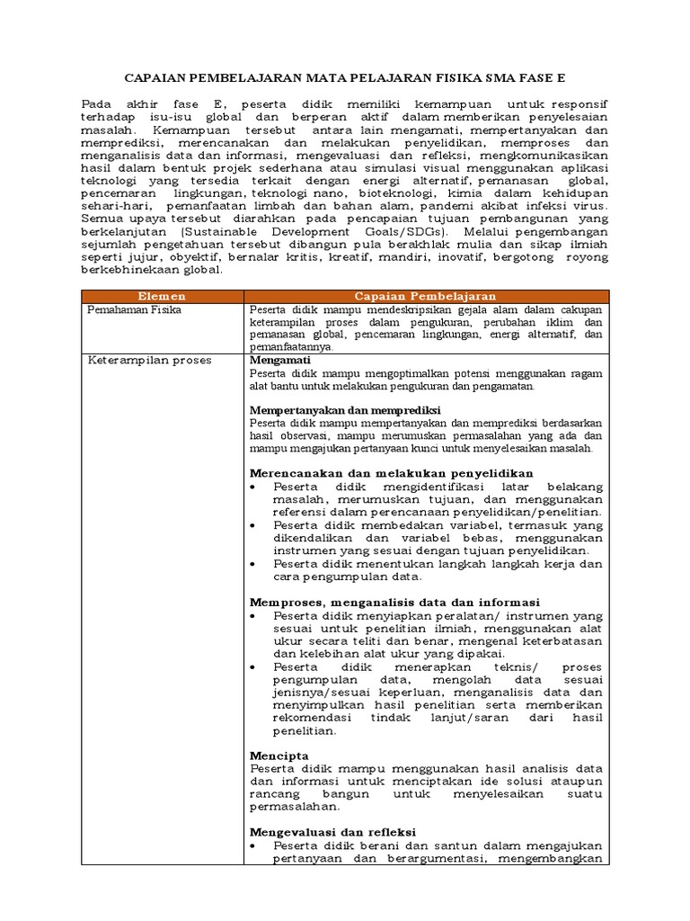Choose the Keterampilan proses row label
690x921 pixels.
[x=148, y=360]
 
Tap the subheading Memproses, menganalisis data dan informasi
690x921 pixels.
[x=394, y=602]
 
